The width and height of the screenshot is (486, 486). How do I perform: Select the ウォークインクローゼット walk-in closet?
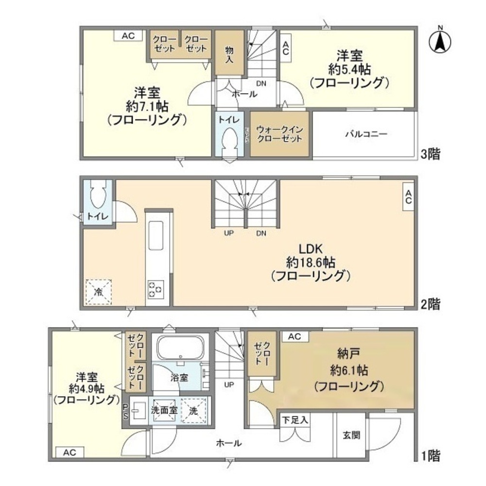point(279,134)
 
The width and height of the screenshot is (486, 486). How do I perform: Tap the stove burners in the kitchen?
point(156,289)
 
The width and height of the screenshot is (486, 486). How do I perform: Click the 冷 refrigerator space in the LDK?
point(99,292)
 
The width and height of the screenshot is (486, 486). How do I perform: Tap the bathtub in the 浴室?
point(180,347)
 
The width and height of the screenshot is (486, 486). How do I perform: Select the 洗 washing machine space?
point(194,410)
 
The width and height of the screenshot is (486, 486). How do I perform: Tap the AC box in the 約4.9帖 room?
point(69,452)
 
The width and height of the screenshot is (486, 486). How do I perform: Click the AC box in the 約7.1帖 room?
point(128,36)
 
